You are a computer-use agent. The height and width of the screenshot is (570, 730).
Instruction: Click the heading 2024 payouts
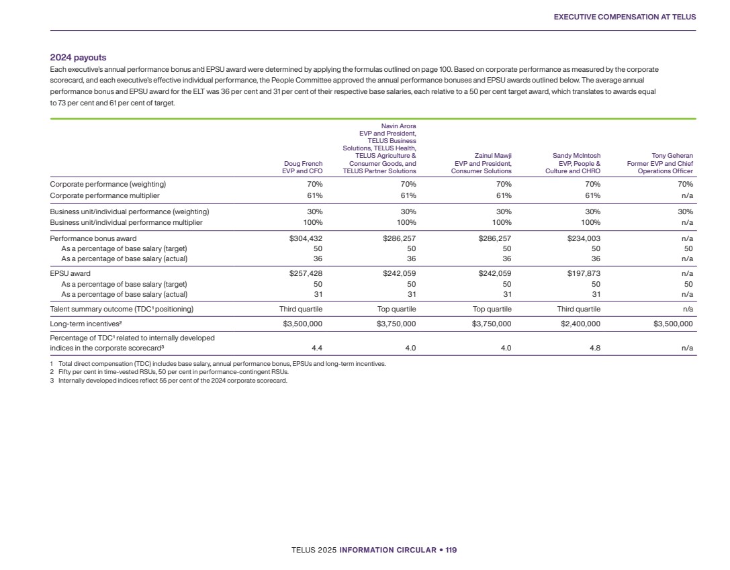pos(78,58)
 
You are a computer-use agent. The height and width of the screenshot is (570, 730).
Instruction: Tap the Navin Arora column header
pos(379,148)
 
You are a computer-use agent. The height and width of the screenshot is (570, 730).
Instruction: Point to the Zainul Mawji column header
pos(481,163)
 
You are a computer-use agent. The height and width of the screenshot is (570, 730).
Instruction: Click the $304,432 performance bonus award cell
pos(302,238)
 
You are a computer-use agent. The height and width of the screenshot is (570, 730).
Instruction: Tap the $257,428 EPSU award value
pos(302,273)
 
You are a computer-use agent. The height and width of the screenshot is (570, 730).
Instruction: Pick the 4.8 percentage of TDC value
pos(594,348)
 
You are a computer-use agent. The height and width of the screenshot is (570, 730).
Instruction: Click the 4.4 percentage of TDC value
pos(316,348)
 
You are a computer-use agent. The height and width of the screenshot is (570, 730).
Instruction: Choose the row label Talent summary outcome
pos(122,309)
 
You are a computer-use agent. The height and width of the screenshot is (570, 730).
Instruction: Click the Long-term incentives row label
pos(85,323)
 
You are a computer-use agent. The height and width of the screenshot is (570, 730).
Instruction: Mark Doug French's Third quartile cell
pos(301,309)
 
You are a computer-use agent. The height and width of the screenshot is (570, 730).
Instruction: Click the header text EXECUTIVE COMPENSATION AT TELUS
pos(625,17)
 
